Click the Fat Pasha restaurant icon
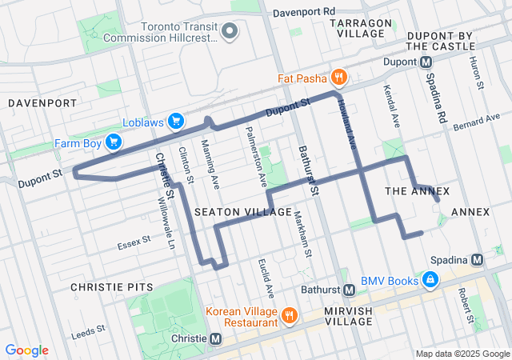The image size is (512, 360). (340, 78)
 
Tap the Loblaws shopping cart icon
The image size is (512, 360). (177, 122)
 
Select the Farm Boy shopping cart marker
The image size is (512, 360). (114, 142)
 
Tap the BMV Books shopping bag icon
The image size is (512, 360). (430, 280)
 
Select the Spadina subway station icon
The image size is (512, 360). (478, 260)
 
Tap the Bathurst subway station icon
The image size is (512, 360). (349, 290)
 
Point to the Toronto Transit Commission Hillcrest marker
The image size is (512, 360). (230, 31)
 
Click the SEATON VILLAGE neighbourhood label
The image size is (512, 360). (243, 211)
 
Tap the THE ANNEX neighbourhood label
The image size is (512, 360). (417, 191)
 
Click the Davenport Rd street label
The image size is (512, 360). (303, 13)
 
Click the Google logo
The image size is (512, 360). (27, 350)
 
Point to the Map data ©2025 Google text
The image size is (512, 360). (462, 354)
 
